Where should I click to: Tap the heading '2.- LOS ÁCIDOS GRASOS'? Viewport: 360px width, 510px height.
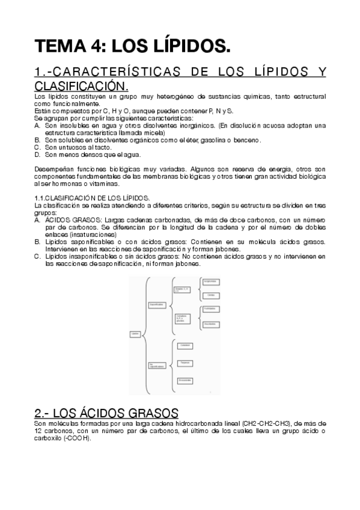tap(106, 413)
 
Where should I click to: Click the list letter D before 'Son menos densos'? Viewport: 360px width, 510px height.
tap(37, 154)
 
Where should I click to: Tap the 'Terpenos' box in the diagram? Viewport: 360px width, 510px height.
tap(185, 363)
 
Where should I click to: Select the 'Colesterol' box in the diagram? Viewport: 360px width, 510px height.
tap(185, 345)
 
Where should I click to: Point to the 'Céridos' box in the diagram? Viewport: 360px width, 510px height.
tap(210, 295)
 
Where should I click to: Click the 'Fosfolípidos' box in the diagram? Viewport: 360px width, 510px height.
tap(210, 309)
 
